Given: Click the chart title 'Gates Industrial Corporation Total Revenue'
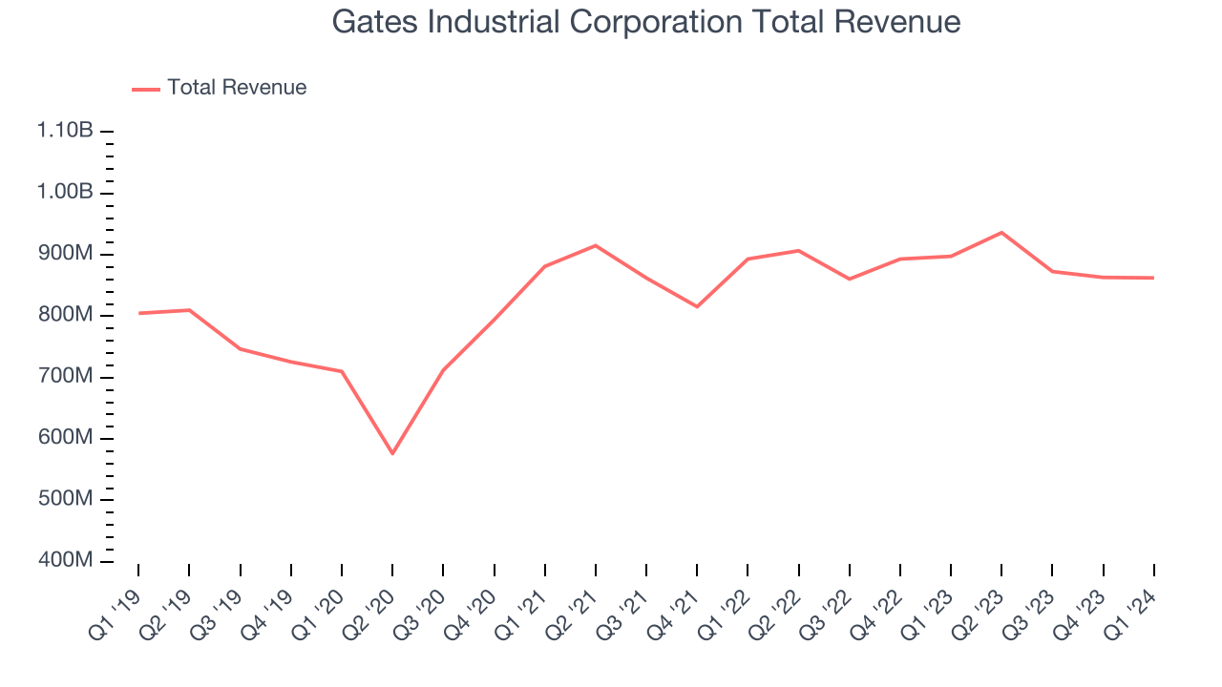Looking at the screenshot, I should [x=645, y=22].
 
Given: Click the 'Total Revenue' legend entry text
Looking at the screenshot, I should [x=237, y=88].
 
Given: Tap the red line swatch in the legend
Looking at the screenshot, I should [x=146, y=89].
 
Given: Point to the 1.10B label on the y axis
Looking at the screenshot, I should [x=65, y=131].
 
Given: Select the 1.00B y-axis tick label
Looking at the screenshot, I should [x=65, y=193].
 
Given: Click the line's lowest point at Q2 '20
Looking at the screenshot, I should [x=392, y=453].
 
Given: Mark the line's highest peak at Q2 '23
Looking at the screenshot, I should [x=1001, y=232].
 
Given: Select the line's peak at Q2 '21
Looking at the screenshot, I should [x=596, y=245].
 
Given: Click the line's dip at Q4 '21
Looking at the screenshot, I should [x=697, y=306].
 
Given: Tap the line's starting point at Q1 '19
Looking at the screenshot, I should [x=138, y=313].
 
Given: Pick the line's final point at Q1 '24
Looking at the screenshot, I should [x=1153, y=278].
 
